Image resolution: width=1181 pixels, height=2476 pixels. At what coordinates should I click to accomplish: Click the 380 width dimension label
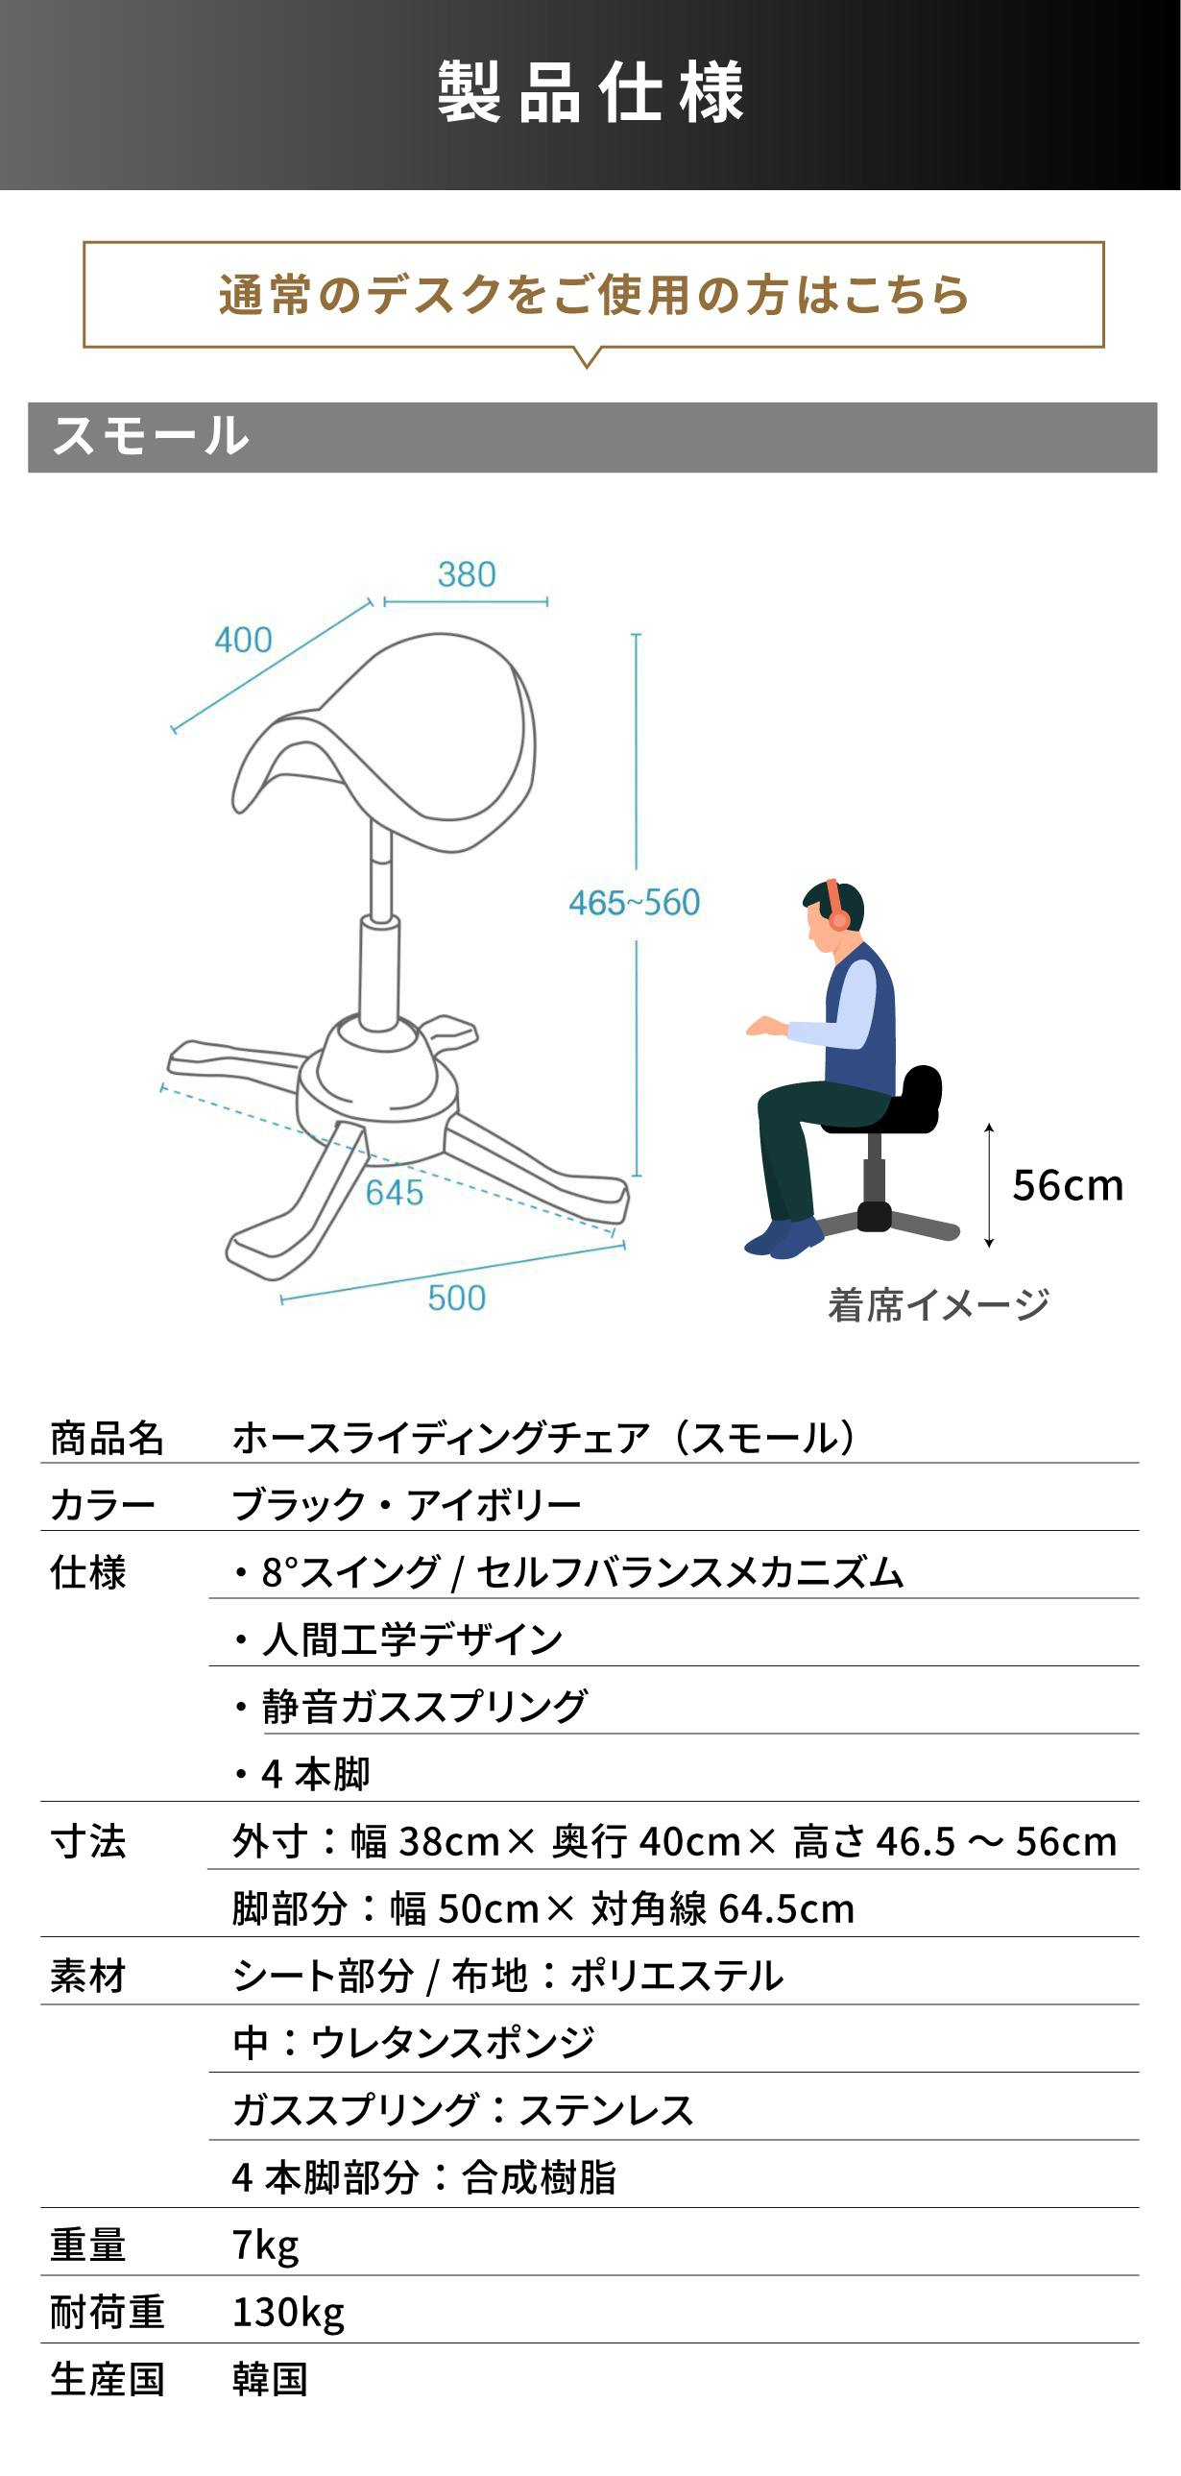click(466, 574)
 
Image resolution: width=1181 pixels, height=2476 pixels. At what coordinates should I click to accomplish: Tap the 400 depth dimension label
click(243, 641)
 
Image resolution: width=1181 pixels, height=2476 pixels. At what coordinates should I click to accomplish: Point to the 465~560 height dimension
click(635, 903)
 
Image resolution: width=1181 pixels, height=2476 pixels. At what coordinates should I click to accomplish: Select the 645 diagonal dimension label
click(394, 1193)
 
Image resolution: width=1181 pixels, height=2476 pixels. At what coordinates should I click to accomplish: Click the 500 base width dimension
click(456, 1299)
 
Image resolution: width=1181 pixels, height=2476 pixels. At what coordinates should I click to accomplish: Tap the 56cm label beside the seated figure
click(1068, 1185)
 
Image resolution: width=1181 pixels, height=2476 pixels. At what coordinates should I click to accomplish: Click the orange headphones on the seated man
click(834, 906)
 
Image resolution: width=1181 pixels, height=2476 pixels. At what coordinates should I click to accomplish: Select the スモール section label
click(151, 436)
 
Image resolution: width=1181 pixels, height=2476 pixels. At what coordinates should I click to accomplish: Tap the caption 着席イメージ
click(938, 1305)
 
